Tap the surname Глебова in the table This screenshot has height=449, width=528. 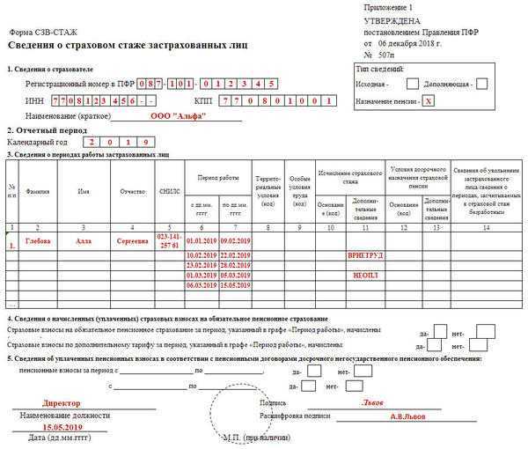pyautogui.click(x=38, y=240)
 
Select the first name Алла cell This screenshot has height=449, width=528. pyautogui.click(x=84, y=240)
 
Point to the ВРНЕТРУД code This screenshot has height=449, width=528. pyautogui.click(x=366, y=254)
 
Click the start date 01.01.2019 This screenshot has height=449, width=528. pyautogui.click(x=202, y=240)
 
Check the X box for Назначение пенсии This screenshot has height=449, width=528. pyautogui.click(x=429, y=101)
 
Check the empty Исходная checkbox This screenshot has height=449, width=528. pyautogui.click(x=412, y=85)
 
